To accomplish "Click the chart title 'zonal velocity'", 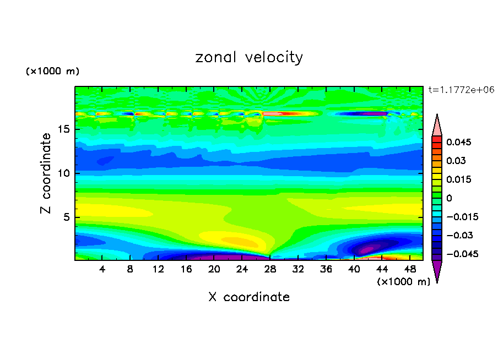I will (x=249, y=57).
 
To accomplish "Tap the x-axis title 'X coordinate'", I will (x=249, y=297).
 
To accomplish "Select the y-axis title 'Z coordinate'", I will (x=46, y=173).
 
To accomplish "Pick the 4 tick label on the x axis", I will (x=102, y=269).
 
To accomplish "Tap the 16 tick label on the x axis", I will (x=186, y=269).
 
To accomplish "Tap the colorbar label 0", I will (x=449, y=198).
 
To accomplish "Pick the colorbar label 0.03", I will (x=456, y=161).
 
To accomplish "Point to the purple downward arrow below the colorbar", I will (x=437, y=271).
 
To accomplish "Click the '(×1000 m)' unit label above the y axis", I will (x=52, y=72).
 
